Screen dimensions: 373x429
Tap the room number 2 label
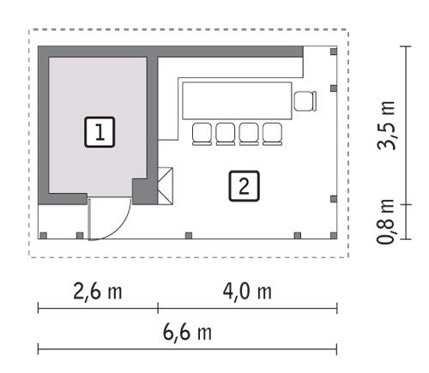tap(245, 184)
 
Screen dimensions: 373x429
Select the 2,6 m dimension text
tap(97, 292)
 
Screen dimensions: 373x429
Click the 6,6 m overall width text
tap(188, 332)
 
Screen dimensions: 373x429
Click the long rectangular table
tap(237, 100)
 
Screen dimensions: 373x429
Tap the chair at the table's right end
tap(305, 101)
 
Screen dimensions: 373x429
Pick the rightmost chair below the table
tap(272, 132)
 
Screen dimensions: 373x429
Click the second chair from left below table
tap(227, 132)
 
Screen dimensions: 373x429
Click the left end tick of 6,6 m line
tap(39, 348)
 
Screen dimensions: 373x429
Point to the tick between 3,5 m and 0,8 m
tap(404, 206)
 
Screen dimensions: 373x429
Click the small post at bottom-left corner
tap(42, 235)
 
